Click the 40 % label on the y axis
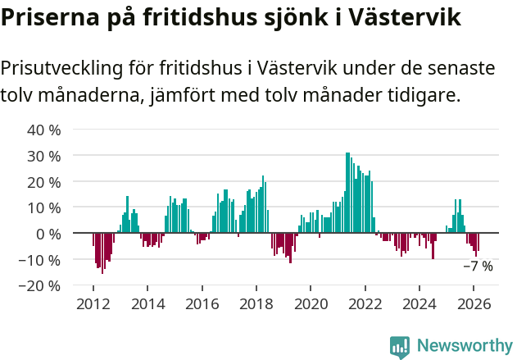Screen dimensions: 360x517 [44, 130]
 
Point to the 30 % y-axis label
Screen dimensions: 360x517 [44, 156]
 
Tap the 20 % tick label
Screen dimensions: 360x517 [44, 182]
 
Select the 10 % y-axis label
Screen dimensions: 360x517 [44, 208]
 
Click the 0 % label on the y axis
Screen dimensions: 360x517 [48, 234]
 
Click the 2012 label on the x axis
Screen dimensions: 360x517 [93, 304]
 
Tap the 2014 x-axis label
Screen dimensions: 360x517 [147, 304]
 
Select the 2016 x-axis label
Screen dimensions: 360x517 [202, 304]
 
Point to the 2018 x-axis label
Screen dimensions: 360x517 [256, 304]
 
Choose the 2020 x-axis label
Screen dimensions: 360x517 [311, 304]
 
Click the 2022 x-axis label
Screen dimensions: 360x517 [365, 304]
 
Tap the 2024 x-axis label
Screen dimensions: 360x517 [419, 304]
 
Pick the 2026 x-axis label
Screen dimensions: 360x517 [474, 304]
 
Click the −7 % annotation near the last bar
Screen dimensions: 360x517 [478, 267]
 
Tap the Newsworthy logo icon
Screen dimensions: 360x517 [400, 347]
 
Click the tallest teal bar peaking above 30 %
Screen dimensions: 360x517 [347, 193]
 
